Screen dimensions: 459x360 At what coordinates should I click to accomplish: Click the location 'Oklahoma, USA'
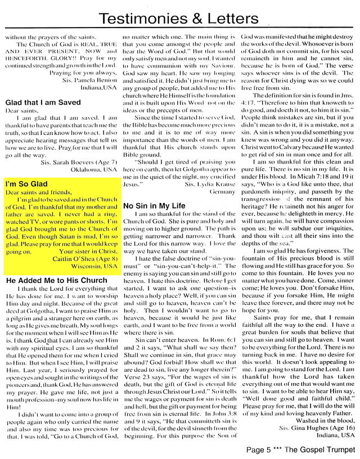point(94,169)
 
